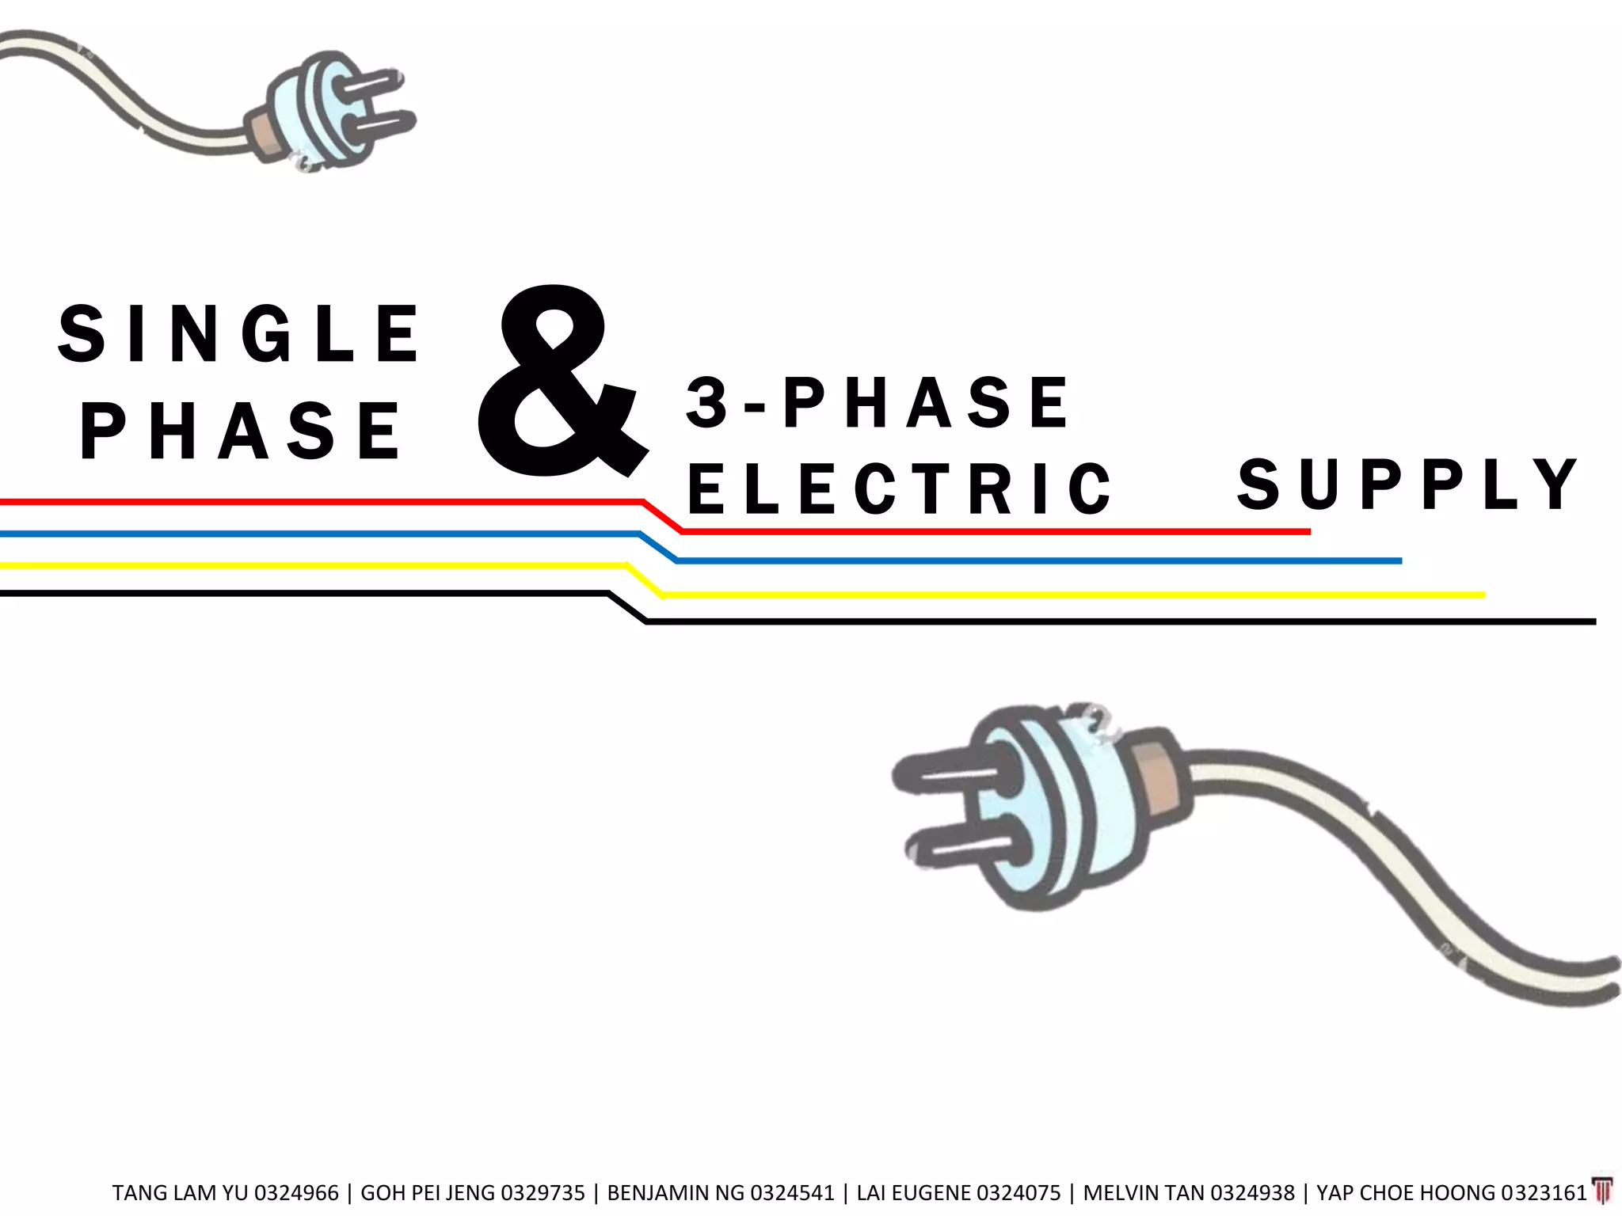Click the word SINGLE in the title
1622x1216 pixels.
239,334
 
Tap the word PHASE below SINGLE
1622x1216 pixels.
241,431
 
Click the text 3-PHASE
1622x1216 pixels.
878,403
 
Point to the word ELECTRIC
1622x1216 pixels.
900,488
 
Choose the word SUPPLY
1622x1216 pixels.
1408,484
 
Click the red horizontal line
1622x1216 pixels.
317,502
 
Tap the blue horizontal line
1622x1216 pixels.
317,534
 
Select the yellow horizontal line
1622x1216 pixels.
317,565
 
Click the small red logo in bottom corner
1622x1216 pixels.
1602,1191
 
